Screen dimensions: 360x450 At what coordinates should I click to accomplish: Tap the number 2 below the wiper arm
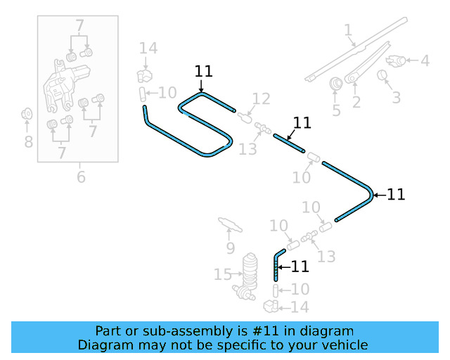[x=356, y=103]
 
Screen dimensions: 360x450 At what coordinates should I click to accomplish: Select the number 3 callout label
[x=396, y=97]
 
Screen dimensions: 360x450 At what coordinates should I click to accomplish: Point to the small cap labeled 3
[x=384, y=75]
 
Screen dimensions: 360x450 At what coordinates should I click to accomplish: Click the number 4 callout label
[x=425, y=61]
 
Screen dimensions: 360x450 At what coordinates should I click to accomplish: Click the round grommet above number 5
[x=336, y=84]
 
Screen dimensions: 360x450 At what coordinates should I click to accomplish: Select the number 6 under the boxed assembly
[x=81, y=176]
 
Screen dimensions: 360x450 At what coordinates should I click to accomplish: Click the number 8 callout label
[x=28, y=142]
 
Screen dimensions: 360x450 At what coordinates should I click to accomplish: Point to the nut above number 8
[x=27, y=114]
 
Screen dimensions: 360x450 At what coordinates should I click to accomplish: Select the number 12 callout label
[x=261, y=98]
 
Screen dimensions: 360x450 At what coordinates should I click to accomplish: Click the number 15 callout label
[x=222, y=274]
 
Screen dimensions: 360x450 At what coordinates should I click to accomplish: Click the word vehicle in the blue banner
[x=343, y=345]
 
